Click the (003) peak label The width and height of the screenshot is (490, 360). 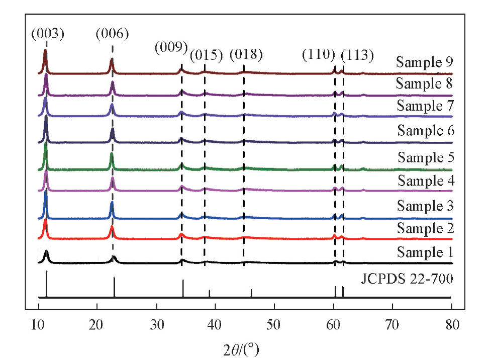pos(48,34)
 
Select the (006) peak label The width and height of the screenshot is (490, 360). pos(112,34)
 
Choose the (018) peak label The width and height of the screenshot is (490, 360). pos(246,54)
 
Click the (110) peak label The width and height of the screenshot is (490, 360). pos(319,54)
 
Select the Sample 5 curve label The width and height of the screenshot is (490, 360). pos(426,157)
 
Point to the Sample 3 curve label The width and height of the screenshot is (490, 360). pos(425,206)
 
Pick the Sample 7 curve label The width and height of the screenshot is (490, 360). pos(425,106)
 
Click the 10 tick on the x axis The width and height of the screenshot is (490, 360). pos(39,324)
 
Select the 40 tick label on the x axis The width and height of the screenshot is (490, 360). pos(215,324)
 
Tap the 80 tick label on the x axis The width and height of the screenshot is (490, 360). pos(451,324)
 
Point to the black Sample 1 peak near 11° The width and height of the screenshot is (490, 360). pos(47,252)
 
